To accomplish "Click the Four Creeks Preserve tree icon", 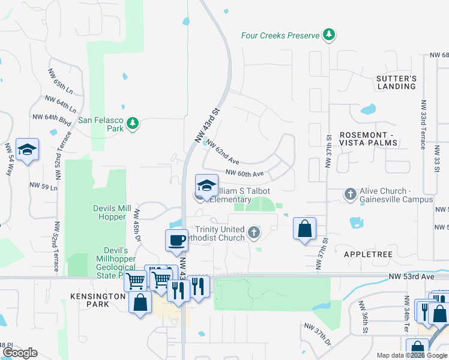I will tap(328, 35).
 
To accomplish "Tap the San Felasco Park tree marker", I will tap(132, 124).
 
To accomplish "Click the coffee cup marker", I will tap(176, 240).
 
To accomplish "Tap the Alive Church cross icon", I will tap(351, 194).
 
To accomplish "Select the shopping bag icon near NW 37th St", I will tap(304, 228).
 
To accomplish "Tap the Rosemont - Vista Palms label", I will tap(369, 139).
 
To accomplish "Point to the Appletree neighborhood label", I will tap(368, 254).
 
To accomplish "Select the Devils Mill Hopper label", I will tap(112, 212).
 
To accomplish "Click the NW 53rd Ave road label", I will tap(411, 276).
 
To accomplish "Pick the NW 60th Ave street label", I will tap(244, 173).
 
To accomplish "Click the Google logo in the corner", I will tap(19, 353).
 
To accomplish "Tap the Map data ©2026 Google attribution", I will tap(411, 355).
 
